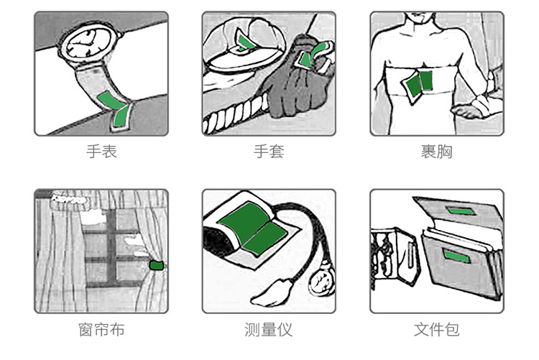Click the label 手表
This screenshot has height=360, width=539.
point(101,152)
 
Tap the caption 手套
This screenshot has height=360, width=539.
point(269,152)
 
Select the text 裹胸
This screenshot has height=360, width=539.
point(436,152)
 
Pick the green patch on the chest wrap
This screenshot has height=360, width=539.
point(418,85)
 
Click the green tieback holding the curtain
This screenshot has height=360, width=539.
point(155,265)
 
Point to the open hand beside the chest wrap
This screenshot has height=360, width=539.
point(479,109)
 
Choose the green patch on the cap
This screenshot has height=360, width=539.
point(246,43)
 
